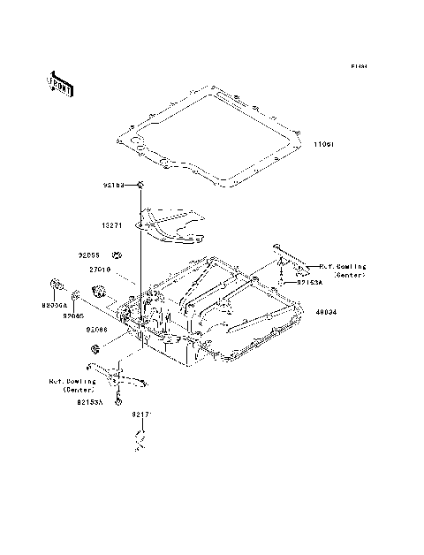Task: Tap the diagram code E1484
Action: (358, 66)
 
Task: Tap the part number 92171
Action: (143, 414)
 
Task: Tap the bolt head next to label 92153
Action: (140, 184)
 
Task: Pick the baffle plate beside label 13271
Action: (172, 226)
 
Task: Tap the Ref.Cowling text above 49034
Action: (343, 270)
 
